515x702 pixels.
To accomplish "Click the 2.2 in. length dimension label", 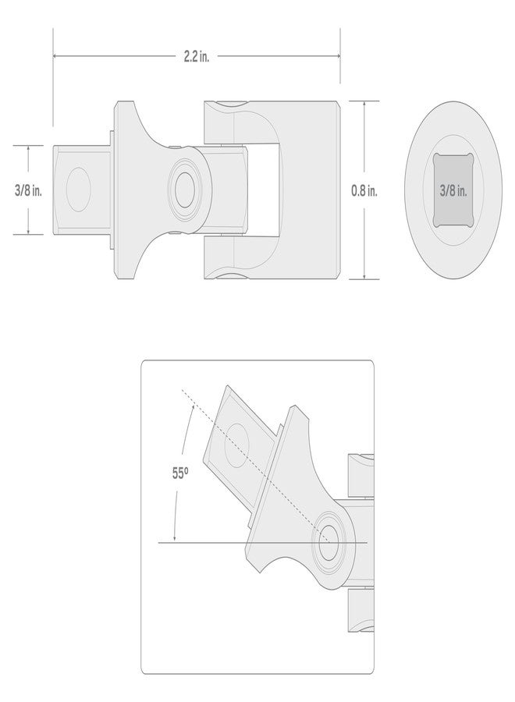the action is click(196, 57).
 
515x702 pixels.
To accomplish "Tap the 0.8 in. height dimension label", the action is click(364, 191).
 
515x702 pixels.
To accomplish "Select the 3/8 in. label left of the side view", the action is click(28, 190).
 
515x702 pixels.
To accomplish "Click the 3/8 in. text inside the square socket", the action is click(453, 191).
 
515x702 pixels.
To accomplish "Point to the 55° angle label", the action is click(179, 473).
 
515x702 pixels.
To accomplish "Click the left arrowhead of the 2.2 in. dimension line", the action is click(55, 56).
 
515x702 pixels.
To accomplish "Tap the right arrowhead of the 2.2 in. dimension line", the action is click(337, 56).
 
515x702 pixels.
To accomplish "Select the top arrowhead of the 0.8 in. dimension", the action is click(364, 104).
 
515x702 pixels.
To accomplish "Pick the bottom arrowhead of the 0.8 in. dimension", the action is click(364, 276).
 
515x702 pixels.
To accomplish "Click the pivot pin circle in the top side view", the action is click(184, 190).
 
